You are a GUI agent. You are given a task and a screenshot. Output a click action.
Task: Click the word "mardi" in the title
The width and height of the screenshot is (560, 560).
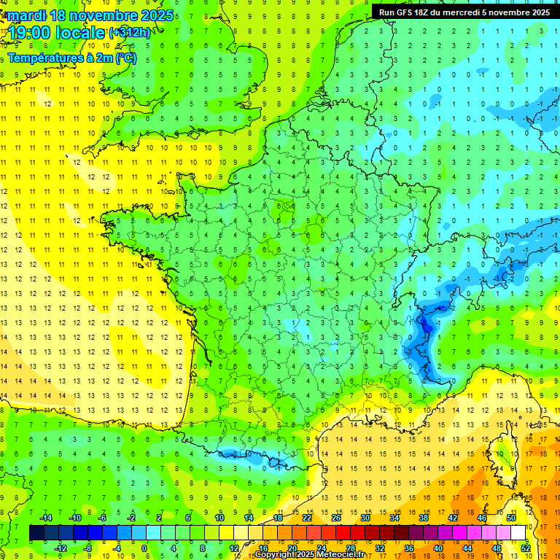[x=24, y=15]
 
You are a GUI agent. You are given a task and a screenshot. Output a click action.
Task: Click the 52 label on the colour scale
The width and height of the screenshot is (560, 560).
[x=525, y=548]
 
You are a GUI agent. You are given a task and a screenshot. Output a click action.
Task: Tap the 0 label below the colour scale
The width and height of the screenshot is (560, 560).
[x=144, y=548]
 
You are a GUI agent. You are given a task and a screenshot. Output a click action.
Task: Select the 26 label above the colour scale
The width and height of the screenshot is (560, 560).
[x=336, y=518]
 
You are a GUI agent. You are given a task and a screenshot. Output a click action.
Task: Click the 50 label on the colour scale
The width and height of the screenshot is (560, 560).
[x=511, y=518]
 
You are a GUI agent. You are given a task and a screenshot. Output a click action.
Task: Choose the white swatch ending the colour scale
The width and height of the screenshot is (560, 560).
[x=518, y=533]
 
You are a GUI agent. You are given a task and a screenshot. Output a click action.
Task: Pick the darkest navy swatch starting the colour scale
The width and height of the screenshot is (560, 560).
[x=36, y=533]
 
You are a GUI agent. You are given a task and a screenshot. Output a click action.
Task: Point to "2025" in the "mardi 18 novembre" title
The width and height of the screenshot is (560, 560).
[x=156, y=15]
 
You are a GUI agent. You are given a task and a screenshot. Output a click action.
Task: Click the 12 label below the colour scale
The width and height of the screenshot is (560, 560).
[x=233, y=548]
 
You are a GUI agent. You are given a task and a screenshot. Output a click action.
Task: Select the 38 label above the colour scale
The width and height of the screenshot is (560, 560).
[x=424, y=518]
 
